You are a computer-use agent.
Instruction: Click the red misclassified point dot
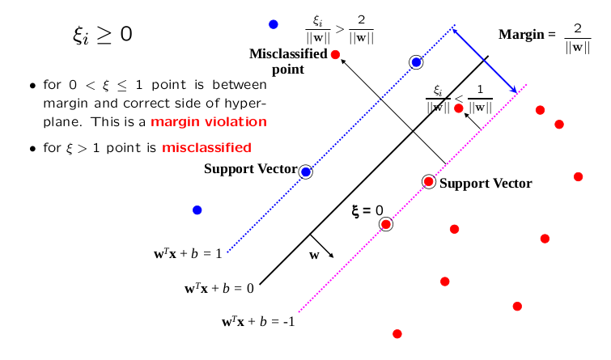[x=336, y=54]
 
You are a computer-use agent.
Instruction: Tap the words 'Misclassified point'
[x=288, y=61]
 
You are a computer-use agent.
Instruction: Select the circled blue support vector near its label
[x=305, y=172]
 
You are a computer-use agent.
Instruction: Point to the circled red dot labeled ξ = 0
[x=386, y=224]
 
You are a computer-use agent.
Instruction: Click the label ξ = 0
[x=367, y=210]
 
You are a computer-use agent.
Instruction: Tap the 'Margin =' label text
[x=527, y=35]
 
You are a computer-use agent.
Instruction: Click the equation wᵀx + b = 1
[x=188, y=254]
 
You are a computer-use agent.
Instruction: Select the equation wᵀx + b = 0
[x=219, y=287]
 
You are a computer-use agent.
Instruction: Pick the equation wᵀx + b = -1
[x=258, y=321]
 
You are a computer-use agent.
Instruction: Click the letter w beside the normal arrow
[x=315, y=256]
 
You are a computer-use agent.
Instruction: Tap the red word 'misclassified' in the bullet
[x=206, y=147]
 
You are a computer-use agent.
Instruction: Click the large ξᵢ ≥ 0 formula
[x=102, y=35]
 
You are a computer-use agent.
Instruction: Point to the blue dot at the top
[x=274, y=24]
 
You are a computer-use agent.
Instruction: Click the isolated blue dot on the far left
[x=197, y=210]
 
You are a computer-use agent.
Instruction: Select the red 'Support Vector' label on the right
[x=486, y=183]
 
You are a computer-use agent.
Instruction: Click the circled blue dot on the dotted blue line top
[x=416, y=62]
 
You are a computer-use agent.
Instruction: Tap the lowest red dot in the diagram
[x=397, y=333]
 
